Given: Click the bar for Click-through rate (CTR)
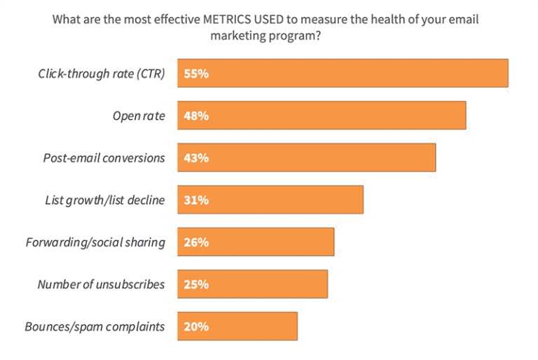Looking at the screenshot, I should point(343,73).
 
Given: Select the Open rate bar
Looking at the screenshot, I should point(322,116).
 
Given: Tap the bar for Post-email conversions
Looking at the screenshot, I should point(306,158).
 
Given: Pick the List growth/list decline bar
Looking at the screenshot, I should point(270,200).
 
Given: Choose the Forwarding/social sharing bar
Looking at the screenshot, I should point(256,242).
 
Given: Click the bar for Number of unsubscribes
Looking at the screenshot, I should point(252,284).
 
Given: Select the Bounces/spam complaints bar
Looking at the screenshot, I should point(237,326).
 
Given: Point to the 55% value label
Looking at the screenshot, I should point(196,73).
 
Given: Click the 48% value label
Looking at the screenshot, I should point(196,116).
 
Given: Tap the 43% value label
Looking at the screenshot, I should point(196,158).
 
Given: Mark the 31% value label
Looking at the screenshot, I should point(196,200).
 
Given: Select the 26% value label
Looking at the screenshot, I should point(196,242).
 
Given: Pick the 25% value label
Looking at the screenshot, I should point(196,284).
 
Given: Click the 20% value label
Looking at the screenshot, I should point(196,326).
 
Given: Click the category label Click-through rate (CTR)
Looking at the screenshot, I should point(102,74).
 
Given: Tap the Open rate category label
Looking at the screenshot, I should point(139,116).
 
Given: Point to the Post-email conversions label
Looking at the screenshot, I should point(104,158).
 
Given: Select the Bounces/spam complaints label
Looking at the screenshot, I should point(95,326).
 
